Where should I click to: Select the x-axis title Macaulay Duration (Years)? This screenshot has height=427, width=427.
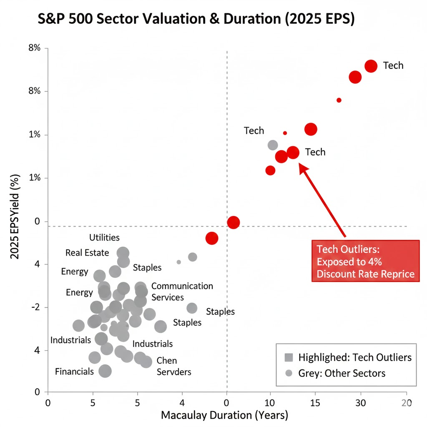[224, 415]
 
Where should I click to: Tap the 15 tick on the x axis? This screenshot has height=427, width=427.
[315, 403]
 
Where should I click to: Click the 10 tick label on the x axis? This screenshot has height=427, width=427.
[270, 403]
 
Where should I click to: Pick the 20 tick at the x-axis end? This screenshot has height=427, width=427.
[406, 403]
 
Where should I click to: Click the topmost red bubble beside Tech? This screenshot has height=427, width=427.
[371, 66]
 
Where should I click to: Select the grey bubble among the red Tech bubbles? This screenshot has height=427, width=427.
[273, 145]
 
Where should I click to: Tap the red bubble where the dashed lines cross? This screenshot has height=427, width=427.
[233, 222]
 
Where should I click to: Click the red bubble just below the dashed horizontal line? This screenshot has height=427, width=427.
[212, 238]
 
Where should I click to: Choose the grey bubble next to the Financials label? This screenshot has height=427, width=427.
[105, 371]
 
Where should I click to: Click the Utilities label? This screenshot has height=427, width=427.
[104, 238]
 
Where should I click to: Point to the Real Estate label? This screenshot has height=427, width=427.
[87, 253]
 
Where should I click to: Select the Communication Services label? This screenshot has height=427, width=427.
[182, 291]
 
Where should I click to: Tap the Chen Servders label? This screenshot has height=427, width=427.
[173, 366]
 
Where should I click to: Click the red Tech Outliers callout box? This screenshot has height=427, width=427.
[365, 261]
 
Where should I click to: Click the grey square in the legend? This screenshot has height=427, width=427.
[289, 357]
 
